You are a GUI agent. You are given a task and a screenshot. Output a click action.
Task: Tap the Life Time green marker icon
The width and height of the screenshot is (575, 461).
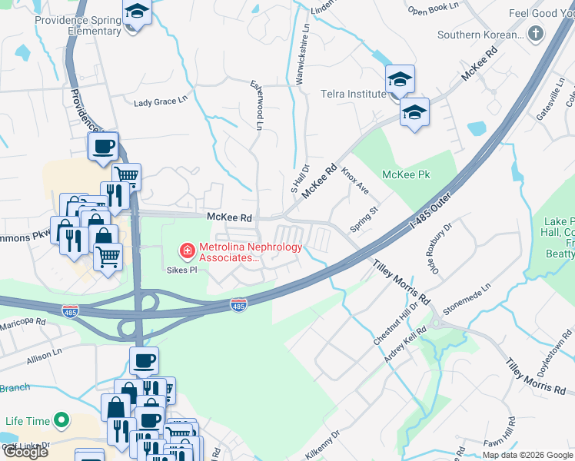(x=61, y=421)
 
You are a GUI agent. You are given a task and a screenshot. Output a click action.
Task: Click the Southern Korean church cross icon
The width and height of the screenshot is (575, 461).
(x=535, y=35)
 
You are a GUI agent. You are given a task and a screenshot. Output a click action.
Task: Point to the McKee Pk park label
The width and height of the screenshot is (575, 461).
(x=407, y=175)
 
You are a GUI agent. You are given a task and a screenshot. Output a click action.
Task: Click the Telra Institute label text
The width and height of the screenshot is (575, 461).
(x=353, y=94)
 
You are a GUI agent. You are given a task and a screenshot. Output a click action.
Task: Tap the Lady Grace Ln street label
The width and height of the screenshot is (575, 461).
(x=161, y=101)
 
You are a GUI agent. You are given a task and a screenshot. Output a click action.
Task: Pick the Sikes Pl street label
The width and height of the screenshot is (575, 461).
(x=182, y=270)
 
